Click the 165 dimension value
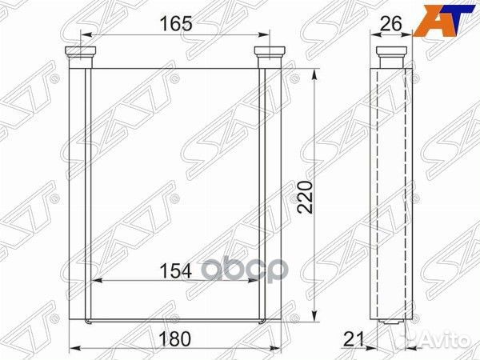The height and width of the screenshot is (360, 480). pyautogui.click(x=177, y=24)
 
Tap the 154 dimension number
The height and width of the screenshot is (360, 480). pyautogui.click(x=176, y=271)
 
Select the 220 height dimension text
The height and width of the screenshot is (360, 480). pyautogui.click(x=306, y=197)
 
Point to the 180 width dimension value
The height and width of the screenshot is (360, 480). pyautogui.click(x=175, y=338)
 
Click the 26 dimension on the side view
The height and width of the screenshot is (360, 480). pyautogui.click(x=390, y=23)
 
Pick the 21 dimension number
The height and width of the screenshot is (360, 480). pyautogui.click(x=354, y=339)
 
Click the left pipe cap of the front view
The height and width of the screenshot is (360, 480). pyautogui.click(x=81, y=52)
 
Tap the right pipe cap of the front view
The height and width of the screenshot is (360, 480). pyautogui.click(x=270, y=52)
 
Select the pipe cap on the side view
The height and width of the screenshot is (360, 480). pyautogui.click(x=391, y=52)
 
